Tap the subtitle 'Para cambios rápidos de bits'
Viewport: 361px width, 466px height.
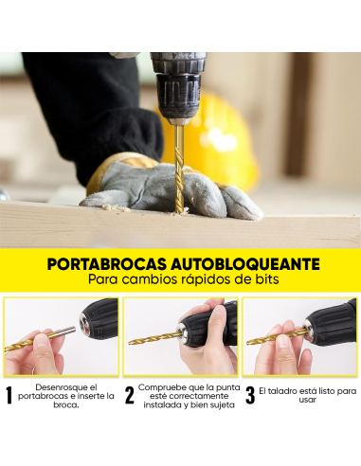180,280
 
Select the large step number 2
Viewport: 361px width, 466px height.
129,396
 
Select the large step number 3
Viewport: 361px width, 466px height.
250,396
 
